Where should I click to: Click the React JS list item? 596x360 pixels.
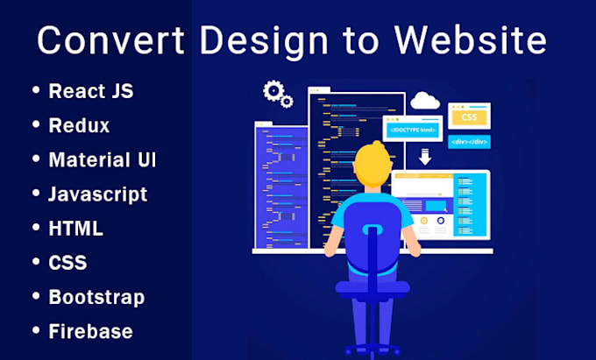[x=91, y=91]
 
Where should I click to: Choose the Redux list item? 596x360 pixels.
[x=79, y=125]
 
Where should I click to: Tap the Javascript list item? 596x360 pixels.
[x=97, y=194]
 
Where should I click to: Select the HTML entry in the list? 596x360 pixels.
[x=76, y=229]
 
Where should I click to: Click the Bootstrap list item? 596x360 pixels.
[x=96, y=297]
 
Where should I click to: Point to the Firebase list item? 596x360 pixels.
[x=91, y=331]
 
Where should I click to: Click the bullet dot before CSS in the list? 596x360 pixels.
[x=36, y=263]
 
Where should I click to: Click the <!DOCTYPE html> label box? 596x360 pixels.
[x=414, y=129]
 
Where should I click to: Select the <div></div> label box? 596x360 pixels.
[x=469, y=140]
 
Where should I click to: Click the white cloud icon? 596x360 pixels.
[x=425, y=101]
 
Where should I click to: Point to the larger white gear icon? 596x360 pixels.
[x=273, y=90]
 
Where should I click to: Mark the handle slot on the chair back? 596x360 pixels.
[x=372, y=231]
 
